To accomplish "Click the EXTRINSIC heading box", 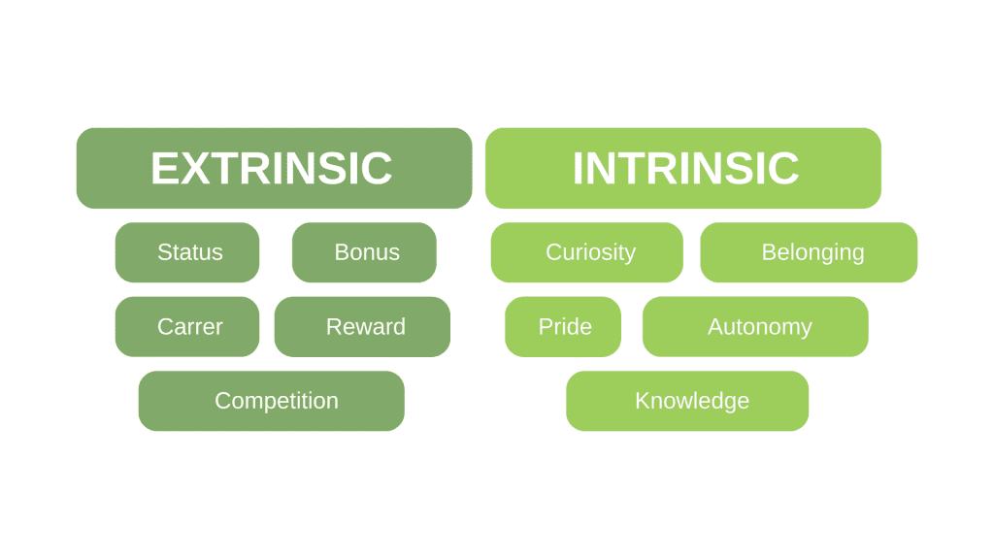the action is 275,168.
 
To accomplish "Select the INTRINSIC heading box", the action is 683,168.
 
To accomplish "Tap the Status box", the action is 187,252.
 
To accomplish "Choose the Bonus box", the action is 364,252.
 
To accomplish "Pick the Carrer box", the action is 187,326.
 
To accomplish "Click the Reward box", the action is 362,326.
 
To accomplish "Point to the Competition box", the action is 272,401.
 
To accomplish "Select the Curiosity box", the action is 587,252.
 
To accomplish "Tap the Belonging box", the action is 809,252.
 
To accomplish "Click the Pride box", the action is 563,326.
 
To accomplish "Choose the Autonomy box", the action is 755,326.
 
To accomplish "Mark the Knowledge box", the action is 687,401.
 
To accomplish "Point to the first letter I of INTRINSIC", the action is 579,169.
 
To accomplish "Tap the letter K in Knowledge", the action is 643,400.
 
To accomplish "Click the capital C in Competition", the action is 223,400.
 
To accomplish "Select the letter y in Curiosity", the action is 629,255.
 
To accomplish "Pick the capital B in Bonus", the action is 342,252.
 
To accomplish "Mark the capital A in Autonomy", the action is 715,326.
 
